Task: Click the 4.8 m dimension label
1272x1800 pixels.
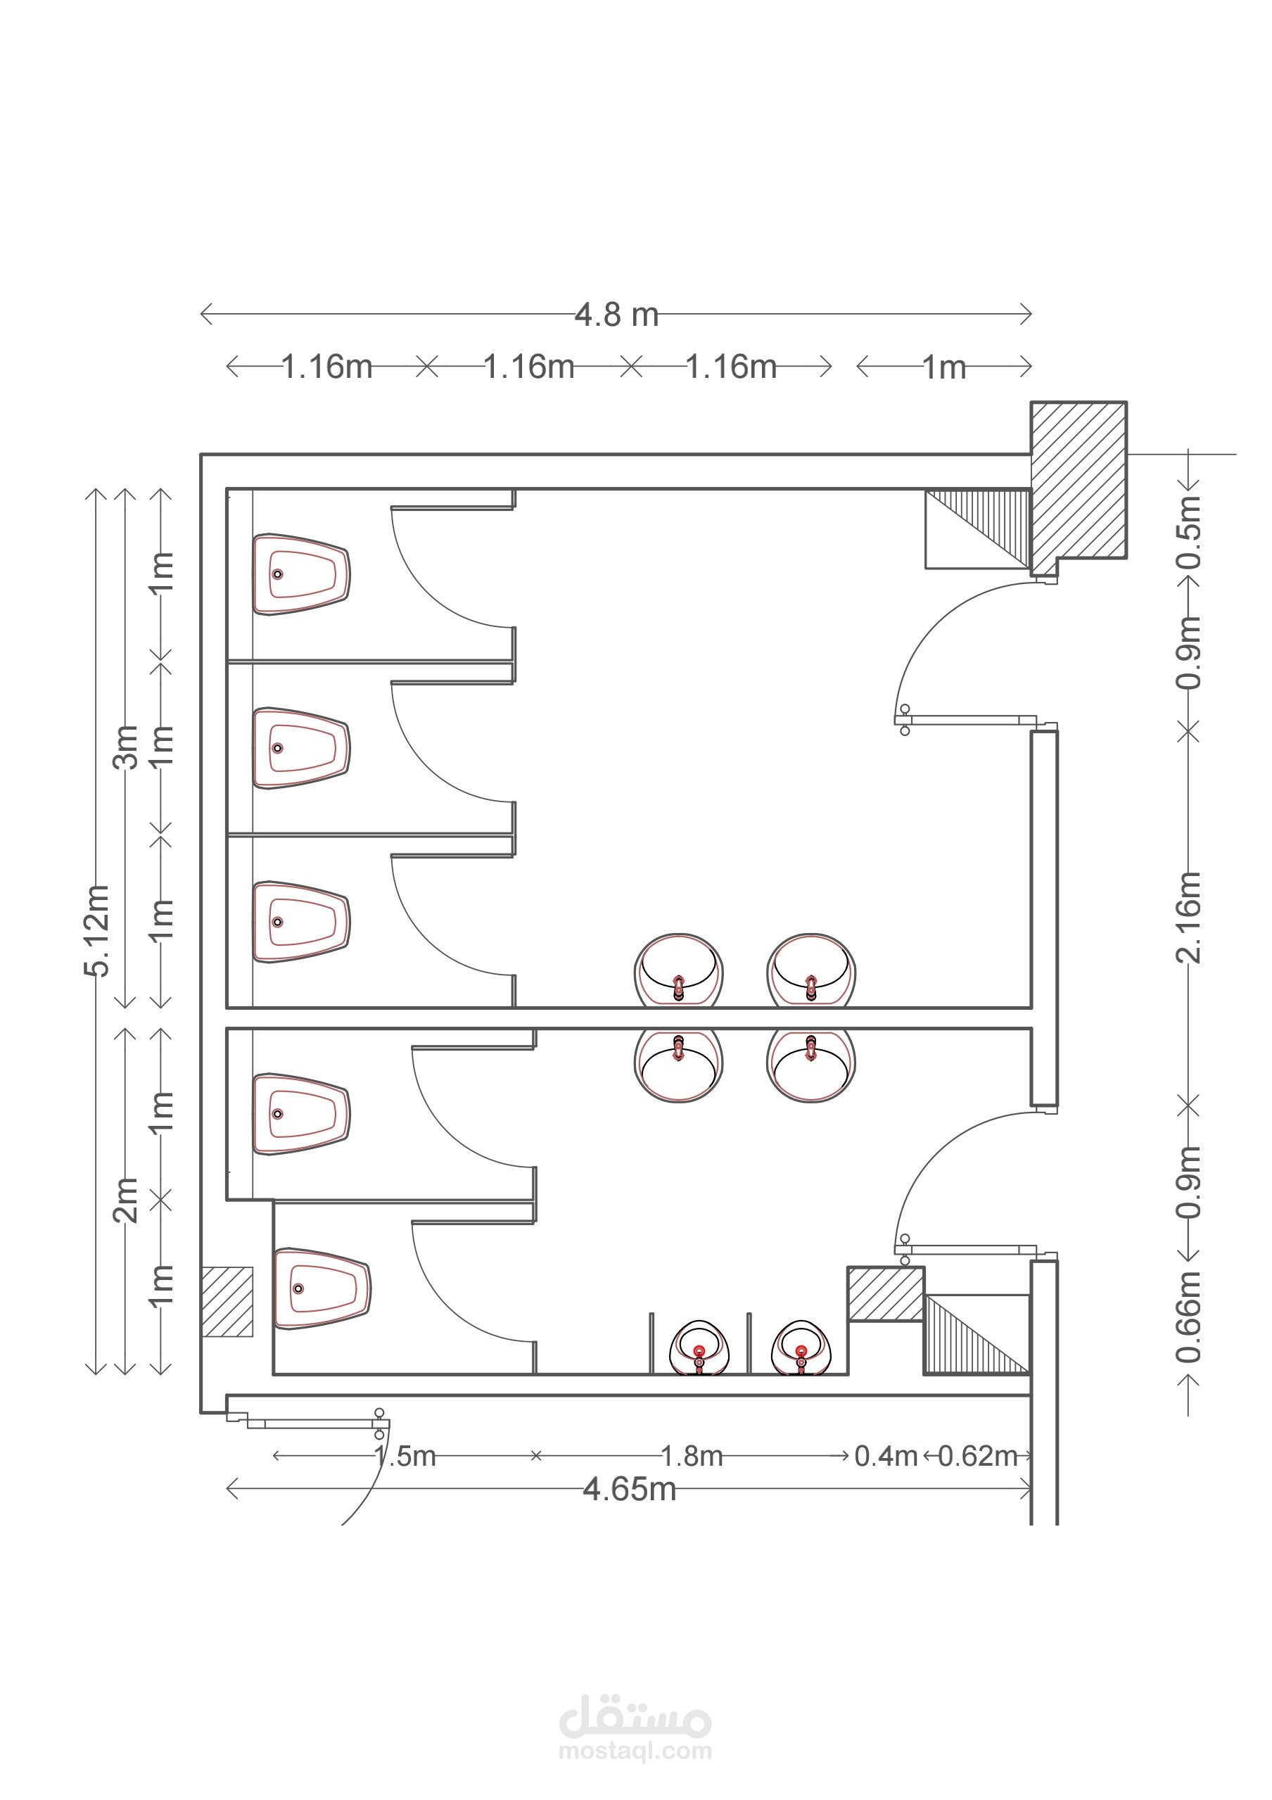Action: pyautogui.click(x=617, y=315)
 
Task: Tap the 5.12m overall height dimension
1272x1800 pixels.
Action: pyautogui.click(x=97, y=930)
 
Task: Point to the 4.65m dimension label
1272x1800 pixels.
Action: pyautogui.click(x=630, y=1489)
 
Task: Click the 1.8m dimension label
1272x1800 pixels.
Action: pyautogui.click(x=692, y=1456)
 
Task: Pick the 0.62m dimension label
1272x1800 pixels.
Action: pyautogui.click(x=977, y=1456)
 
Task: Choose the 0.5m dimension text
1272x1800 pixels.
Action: pyautogui.click(x=1189, y=532)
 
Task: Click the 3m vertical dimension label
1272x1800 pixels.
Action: pyautogui.click(x=125, y=747)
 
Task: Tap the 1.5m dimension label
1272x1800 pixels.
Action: pyautogui.click(x=405, y=1456)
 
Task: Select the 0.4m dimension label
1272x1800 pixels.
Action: pyautogui.click(x=886, y=1456)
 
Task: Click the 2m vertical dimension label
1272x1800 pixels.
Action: pyautogui.click(x=125, y=1200)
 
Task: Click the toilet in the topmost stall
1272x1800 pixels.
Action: pyautogui.click(x=301, y=575)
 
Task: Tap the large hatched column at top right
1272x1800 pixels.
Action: pyautogui.click(x=1079, y=488)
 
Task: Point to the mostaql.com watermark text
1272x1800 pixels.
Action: pyautogui.click(x=635, y=1751)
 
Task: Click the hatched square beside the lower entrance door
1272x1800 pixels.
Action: pyautogui.click(x=886, y=1293)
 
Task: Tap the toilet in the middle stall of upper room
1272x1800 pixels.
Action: pyautogui.click(x=301, y=749)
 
